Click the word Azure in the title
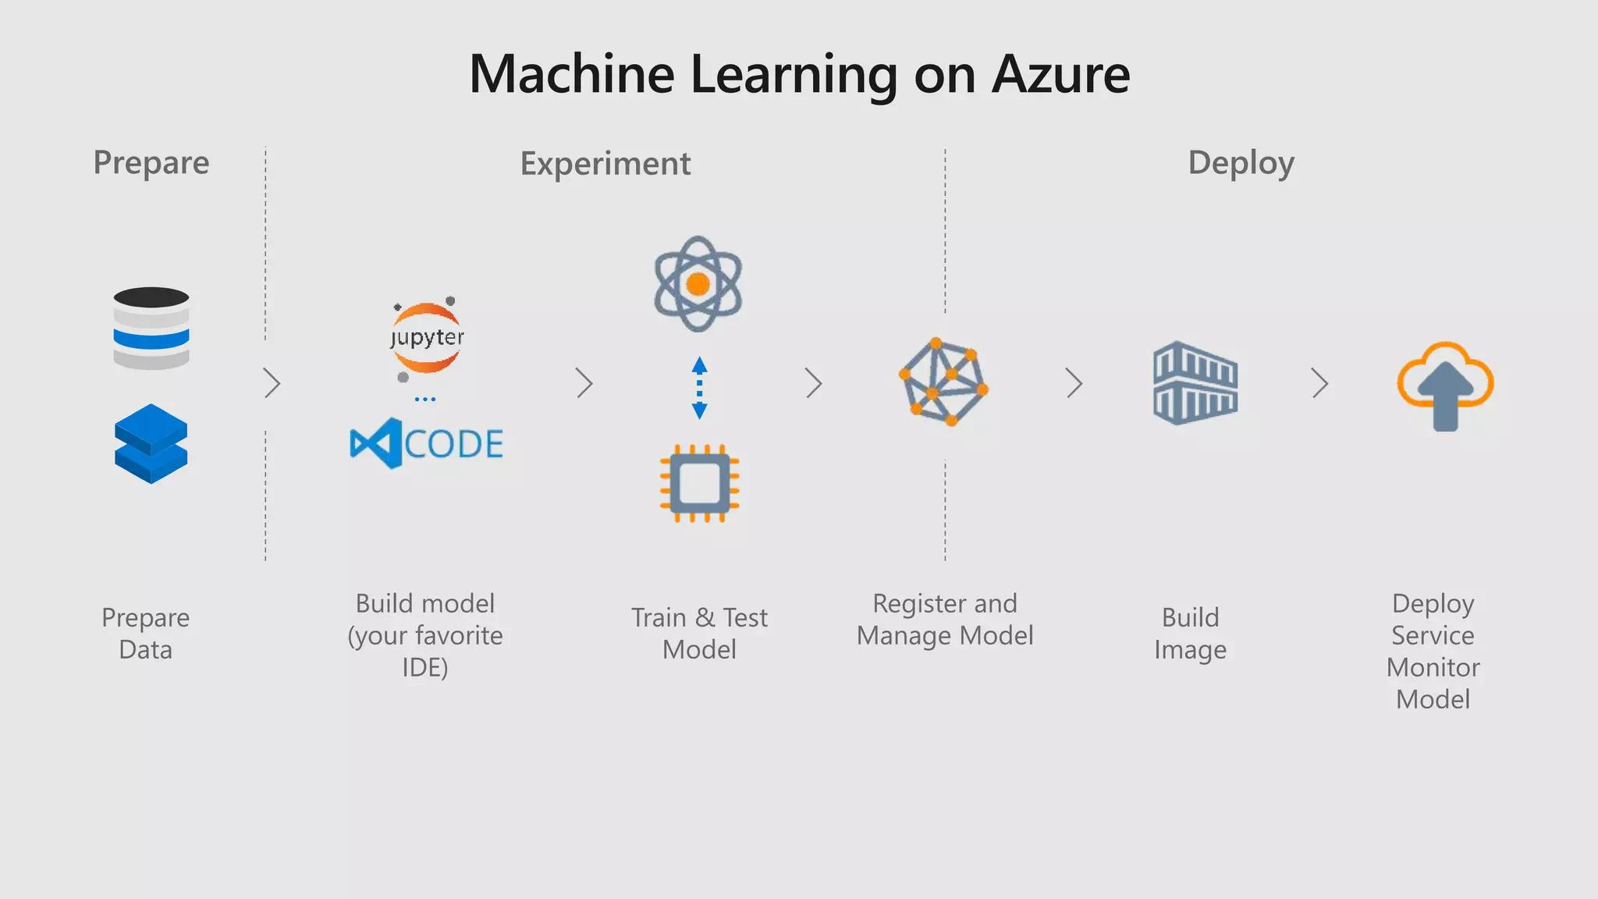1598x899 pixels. (1060, 75)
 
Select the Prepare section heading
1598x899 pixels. (151, 163)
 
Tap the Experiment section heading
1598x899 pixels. (605, 164)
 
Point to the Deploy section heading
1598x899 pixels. (1241, 163)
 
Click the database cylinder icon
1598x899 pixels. (151, 328)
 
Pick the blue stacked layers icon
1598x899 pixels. (151, 443)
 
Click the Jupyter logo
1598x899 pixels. (427, 338)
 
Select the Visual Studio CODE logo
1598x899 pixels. (426, 443)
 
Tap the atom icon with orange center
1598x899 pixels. (698, 283)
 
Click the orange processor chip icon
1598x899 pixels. (699, 484)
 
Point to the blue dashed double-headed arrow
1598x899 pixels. (699, 388)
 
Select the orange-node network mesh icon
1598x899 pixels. (944, 382)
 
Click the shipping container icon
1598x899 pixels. (1195, 383)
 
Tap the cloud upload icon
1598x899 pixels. (1445, 385)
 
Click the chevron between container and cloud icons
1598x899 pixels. (1319, 383)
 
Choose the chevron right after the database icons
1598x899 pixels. (272, 383)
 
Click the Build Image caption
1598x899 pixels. (1190, 633)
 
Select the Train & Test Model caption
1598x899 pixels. (699, 633)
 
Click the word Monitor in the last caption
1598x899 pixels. (1433, 667)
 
